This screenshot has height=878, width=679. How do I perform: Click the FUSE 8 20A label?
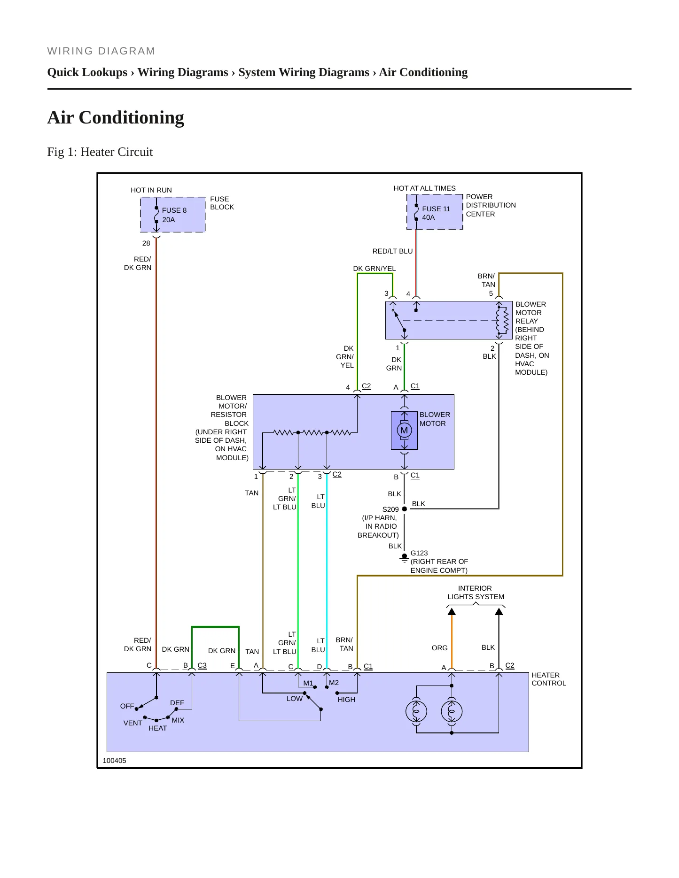click(x=174, y=215)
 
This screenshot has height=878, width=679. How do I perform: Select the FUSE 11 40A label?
click(x=436, y=213)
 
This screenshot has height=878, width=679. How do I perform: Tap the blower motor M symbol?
click(x=404, y=430)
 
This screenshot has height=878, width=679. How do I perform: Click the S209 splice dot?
click(x=404, y=509)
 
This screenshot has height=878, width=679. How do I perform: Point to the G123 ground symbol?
click(x=404, y=558)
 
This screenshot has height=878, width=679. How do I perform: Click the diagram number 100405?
click(x=114, y=761)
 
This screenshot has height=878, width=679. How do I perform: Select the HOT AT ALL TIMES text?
click(x=424, y=188)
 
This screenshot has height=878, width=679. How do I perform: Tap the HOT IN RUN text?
click(x=151, y=190)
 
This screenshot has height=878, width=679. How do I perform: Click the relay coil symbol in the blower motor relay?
click(x=502, y=320)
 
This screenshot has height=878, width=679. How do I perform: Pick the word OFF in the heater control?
click(x=127, y=706)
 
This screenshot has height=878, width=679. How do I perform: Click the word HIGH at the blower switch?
click(x=346, y=700)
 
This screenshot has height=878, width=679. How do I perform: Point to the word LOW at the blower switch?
click(x=295, y=699)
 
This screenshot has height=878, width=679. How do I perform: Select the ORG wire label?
click(x=439, y=648)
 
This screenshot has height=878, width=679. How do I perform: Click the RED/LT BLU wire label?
click(x=392, y=251)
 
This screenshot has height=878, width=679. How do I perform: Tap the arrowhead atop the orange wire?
click(x=452, y=611)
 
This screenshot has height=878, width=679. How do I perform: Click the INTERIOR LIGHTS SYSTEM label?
click(x=476, y=593)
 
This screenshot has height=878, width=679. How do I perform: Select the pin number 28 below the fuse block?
click(x=146, y=243)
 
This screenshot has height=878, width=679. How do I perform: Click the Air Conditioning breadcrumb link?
click(x=423, y=72)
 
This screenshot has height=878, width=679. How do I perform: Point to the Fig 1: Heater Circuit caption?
click(x=100, y=152)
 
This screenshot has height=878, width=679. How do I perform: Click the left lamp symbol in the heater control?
click(x=416, y=712)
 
